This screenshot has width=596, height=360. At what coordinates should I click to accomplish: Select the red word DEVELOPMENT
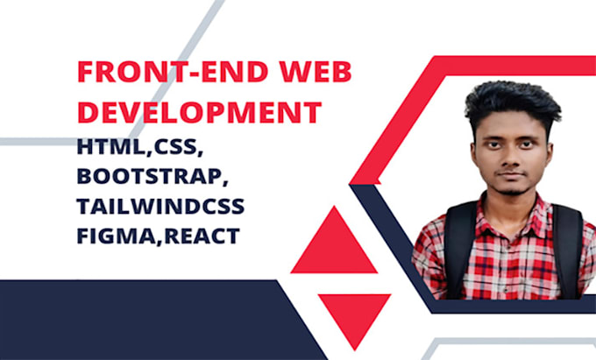tap(198, 113)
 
